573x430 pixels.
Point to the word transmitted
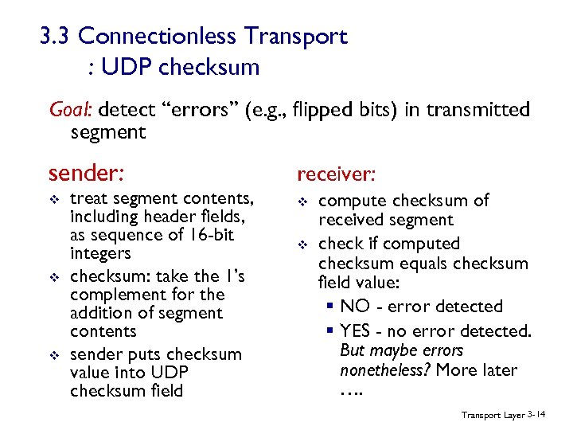click(477, 109)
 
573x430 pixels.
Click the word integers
click(100, 254)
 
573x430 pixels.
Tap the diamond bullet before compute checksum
click(302, 201)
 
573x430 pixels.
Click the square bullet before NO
click(329, 307)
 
